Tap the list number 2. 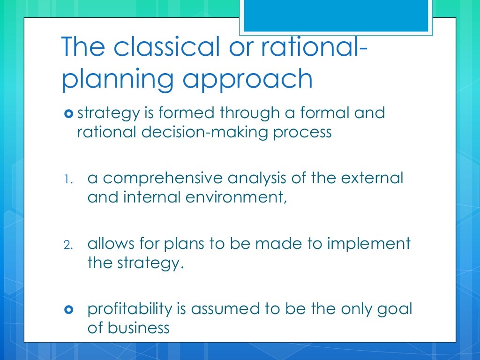[68, 244]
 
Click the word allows [112, 244]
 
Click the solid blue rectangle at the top [336, 15]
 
